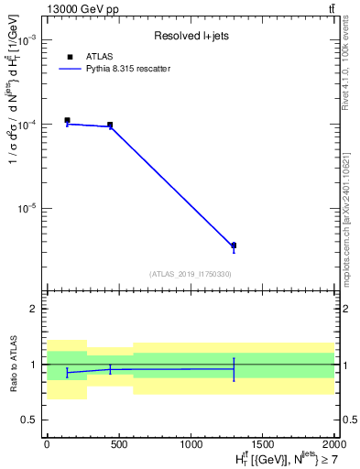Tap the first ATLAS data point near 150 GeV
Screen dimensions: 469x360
click(x=67, y=120)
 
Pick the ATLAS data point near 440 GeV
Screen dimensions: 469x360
click(x=110, y=125)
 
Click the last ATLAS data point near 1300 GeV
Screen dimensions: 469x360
click(x=234, y=245)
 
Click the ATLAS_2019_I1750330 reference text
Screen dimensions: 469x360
click(x=190, y=274)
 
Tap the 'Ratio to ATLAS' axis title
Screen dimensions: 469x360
click(x=12, y=364)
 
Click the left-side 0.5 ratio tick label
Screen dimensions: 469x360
click(x=29, y=420)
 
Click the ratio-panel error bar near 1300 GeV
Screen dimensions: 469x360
click(x=234, y=369)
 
